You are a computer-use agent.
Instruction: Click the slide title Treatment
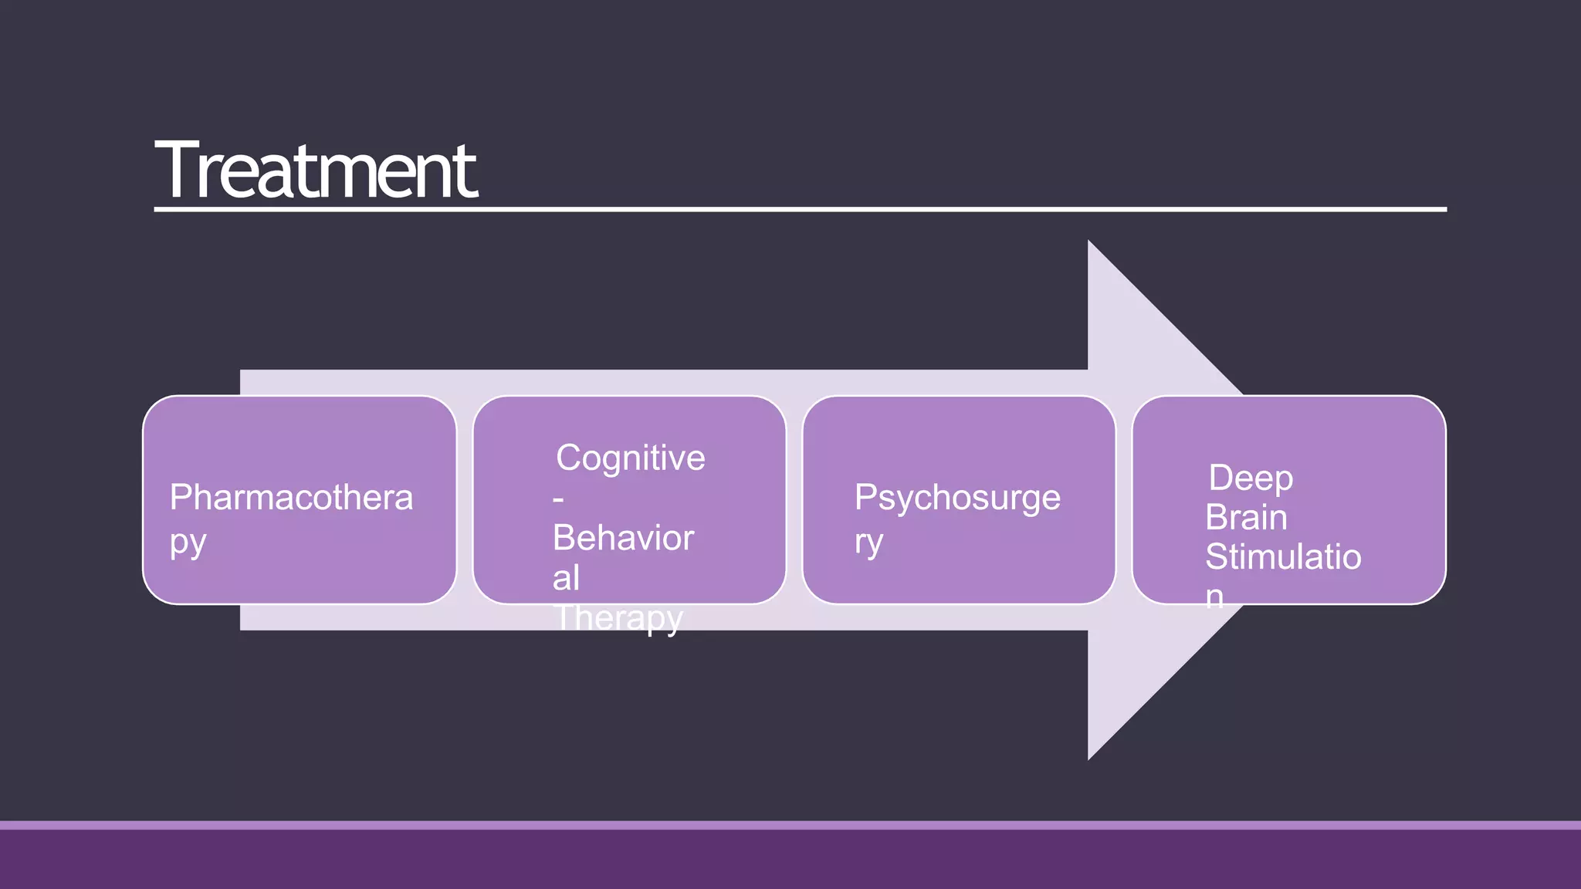(316, 171)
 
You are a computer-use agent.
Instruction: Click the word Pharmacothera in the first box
(291, 498)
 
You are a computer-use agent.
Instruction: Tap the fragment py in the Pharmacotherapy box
(188, 543)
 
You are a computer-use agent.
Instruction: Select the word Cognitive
(630, 458)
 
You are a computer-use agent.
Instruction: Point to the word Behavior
(623, 538)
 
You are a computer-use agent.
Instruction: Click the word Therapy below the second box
(618, 619)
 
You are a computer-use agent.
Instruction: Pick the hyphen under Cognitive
(558, 500)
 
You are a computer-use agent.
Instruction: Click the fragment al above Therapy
(566, 578)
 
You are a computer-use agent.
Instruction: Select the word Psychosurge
(957, 498)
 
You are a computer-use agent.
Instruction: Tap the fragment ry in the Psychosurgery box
(868, 543)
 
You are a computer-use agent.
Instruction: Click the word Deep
(1251, 478)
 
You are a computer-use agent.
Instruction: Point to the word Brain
(1246, 517)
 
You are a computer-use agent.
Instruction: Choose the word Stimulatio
(1283, 556)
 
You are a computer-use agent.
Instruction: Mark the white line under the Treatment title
(800, 209)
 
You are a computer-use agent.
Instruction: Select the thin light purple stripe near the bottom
(790, 825)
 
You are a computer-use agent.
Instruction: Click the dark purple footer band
(790, 860)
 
